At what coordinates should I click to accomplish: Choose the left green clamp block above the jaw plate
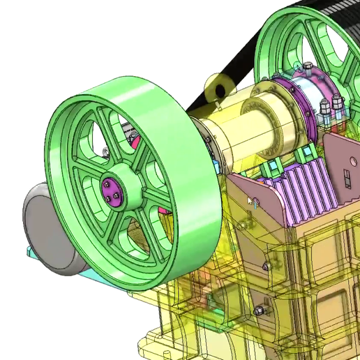(268, 167)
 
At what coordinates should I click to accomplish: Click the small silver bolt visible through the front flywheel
(105, 152)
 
